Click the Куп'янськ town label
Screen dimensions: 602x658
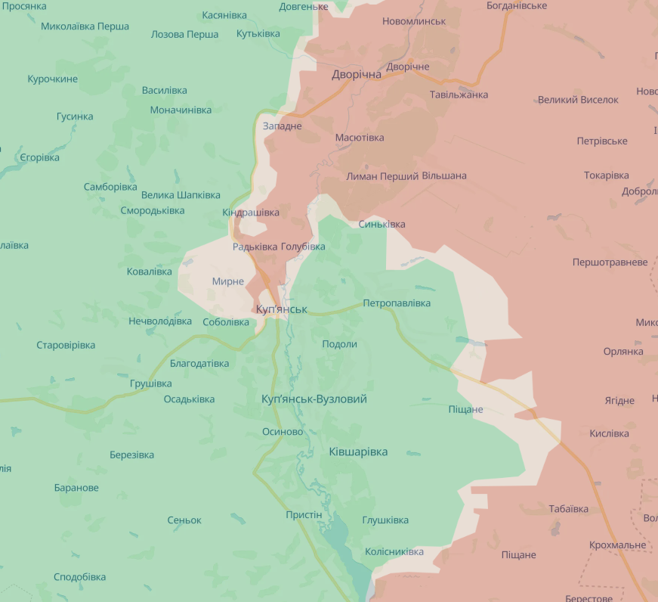tap(281, 309)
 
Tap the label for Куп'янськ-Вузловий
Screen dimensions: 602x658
tap(314, 399)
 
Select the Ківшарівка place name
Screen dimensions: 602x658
tap(358, 451)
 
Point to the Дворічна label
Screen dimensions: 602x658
tap(357, 75)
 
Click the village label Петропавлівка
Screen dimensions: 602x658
tap(397, 303)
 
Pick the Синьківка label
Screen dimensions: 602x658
tap(382, 225)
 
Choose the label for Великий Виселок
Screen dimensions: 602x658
tap(578, 100)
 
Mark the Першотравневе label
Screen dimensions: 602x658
tap(610, 262)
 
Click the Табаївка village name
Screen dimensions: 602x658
tap(568, 509)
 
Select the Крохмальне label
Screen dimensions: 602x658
tap(617, 545)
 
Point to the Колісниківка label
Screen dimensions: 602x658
tap(394, 552)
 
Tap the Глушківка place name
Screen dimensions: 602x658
tap(385, 520)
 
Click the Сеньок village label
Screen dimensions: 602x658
tap(184, 520)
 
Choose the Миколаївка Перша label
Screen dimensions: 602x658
tap(85, 26)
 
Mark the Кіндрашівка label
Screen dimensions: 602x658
tap(251, 213)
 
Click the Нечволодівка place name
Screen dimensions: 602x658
tap(160, 321)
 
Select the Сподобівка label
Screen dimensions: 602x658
tap(79, 577)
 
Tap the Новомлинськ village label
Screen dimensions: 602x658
tap(414, 21)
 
